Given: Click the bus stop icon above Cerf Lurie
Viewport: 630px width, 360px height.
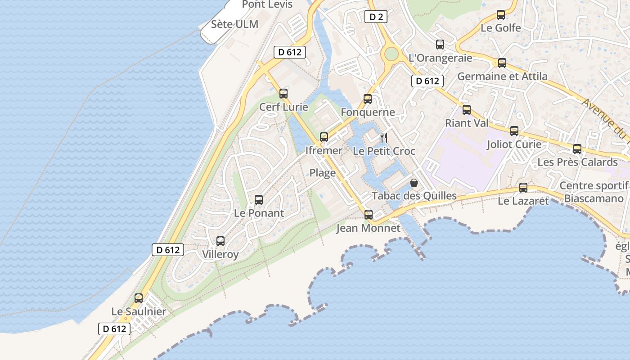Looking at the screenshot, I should coord(283,94).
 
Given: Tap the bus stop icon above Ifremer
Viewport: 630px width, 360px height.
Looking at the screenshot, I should coord(324,137).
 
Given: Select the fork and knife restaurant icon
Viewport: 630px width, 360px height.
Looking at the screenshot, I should coord(384,137).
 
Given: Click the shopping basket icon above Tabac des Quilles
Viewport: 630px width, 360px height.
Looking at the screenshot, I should coord(414,183).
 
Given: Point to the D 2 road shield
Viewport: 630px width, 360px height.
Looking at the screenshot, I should coord(376,17).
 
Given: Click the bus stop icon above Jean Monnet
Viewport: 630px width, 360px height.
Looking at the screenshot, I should coord(369,215).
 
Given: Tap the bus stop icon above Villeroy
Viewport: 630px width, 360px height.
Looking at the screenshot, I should coord(220,241).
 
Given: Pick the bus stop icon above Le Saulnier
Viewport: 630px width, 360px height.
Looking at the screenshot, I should coord(139,298).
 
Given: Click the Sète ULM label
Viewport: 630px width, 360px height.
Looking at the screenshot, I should coord(235,24).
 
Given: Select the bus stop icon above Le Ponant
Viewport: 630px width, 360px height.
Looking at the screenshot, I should coord(259,200).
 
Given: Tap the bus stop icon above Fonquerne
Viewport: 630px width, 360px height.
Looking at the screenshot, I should coord(368,99).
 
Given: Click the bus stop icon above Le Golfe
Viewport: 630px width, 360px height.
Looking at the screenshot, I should coord(501,15).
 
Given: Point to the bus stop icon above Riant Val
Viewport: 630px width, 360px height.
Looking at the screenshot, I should coord(467,110).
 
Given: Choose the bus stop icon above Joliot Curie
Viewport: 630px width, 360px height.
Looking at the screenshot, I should coord(514,131).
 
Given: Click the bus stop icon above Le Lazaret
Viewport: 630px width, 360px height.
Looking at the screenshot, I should coord(523,188).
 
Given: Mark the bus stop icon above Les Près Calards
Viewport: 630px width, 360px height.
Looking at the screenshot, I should coord(577,149).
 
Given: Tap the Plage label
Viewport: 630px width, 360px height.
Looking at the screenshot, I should coord(323,173).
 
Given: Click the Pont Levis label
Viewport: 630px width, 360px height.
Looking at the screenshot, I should coord(267,4).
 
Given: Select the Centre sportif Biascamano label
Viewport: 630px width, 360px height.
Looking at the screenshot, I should coord(594,192).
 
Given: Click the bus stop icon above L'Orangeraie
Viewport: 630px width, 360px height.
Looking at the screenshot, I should coord(440,45).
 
